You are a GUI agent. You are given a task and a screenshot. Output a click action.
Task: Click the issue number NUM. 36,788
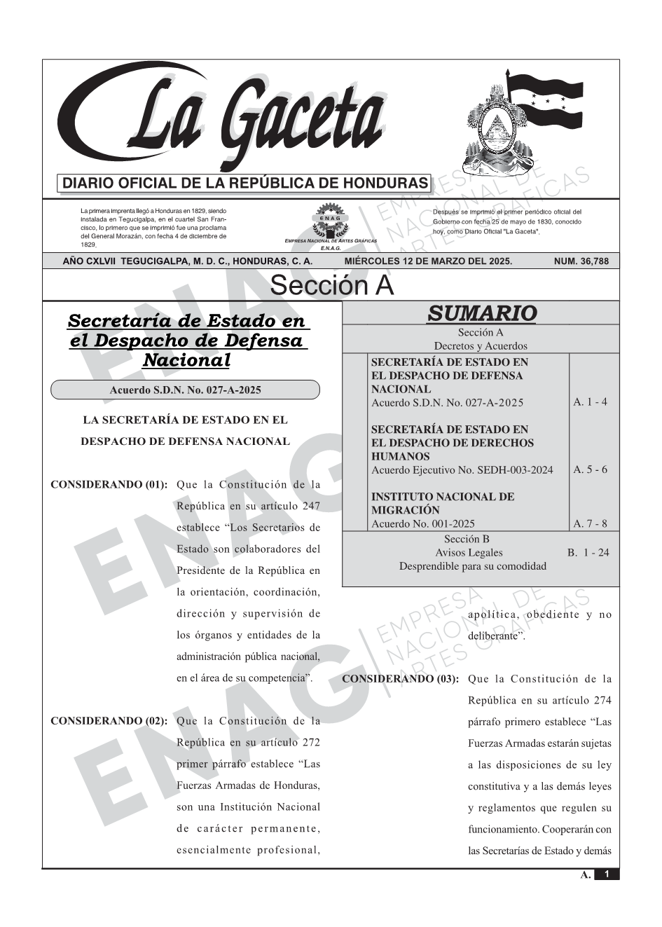tap(581, 261)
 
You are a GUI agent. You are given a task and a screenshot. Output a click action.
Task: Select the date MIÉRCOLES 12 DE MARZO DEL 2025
tap(428, 261)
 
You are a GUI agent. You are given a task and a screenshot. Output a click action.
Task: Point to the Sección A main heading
tap(331, 286)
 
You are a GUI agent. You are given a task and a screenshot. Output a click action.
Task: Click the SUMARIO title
tap(481, 313)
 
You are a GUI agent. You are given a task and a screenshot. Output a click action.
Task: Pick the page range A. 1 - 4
tap(590, 402)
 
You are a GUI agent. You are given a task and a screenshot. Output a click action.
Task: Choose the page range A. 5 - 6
tap(590, 469)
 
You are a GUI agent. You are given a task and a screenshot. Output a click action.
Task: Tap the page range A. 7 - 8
tap(590, 523)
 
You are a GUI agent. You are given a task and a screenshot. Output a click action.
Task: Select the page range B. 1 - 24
tap(588, 553)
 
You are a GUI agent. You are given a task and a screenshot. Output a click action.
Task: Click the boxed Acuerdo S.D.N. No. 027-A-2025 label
tap(185, 390)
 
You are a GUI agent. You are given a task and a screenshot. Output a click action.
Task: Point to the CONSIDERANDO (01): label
tap(109, 484)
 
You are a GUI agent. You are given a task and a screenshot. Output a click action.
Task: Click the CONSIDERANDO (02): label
tap(109, 721)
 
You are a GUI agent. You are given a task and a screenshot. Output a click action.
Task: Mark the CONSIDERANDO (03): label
tap(401, 679)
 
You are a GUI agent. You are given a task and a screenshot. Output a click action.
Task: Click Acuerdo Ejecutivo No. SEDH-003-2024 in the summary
tap(462, 470)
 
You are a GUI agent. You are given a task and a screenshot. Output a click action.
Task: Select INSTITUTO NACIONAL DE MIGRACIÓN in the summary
tap(442, 503)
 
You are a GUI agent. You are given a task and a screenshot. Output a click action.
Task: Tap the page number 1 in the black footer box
tap(607, 874)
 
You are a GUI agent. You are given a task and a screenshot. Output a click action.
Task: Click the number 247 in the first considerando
tap(311, 506)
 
